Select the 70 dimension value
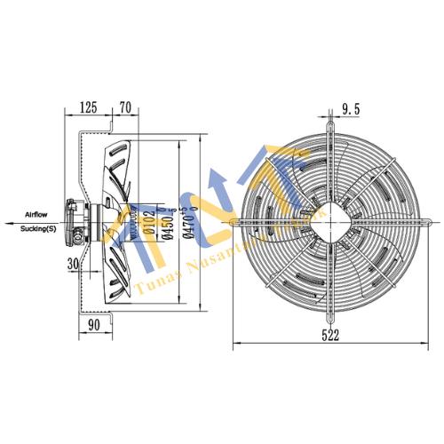coord(124,107)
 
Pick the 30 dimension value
coord(75,264)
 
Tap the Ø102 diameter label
coord(148,221)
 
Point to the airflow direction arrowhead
coord(7,221)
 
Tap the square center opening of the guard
coord(330,220)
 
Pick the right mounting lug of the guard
coord(424,220)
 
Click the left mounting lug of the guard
coord(236,220)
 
